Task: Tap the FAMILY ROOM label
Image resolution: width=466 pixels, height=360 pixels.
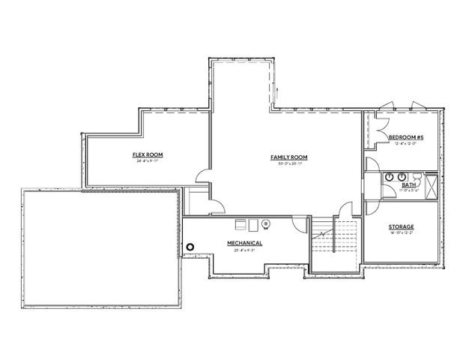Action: click(289, 157)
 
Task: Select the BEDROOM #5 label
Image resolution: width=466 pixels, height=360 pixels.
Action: click(407, 137)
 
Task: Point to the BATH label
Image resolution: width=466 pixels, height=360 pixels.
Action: click(409, 184)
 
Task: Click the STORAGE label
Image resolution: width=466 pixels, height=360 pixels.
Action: click(402, 226)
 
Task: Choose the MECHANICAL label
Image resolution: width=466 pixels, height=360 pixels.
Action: click(245, 244)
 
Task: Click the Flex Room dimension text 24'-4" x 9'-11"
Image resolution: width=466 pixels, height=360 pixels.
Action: click(150, 161)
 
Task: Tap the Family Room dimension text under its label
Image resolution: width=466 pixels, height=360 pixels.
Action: click(289, 163)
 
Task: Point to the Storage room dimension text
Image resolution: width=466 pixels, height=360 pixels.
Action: click(402, 233)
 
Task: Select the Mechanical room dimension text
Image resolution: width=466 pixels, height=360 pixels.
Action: click(245, 250)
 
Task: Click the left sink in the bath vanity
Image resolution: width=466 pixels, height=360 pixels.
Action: click(390, 177)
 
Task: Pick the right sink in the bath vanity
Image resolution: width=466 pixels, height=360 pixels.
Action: click(402, 177)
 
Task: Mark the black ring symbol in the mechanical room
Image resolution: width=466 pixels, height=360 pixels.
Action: click(190, 246)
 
